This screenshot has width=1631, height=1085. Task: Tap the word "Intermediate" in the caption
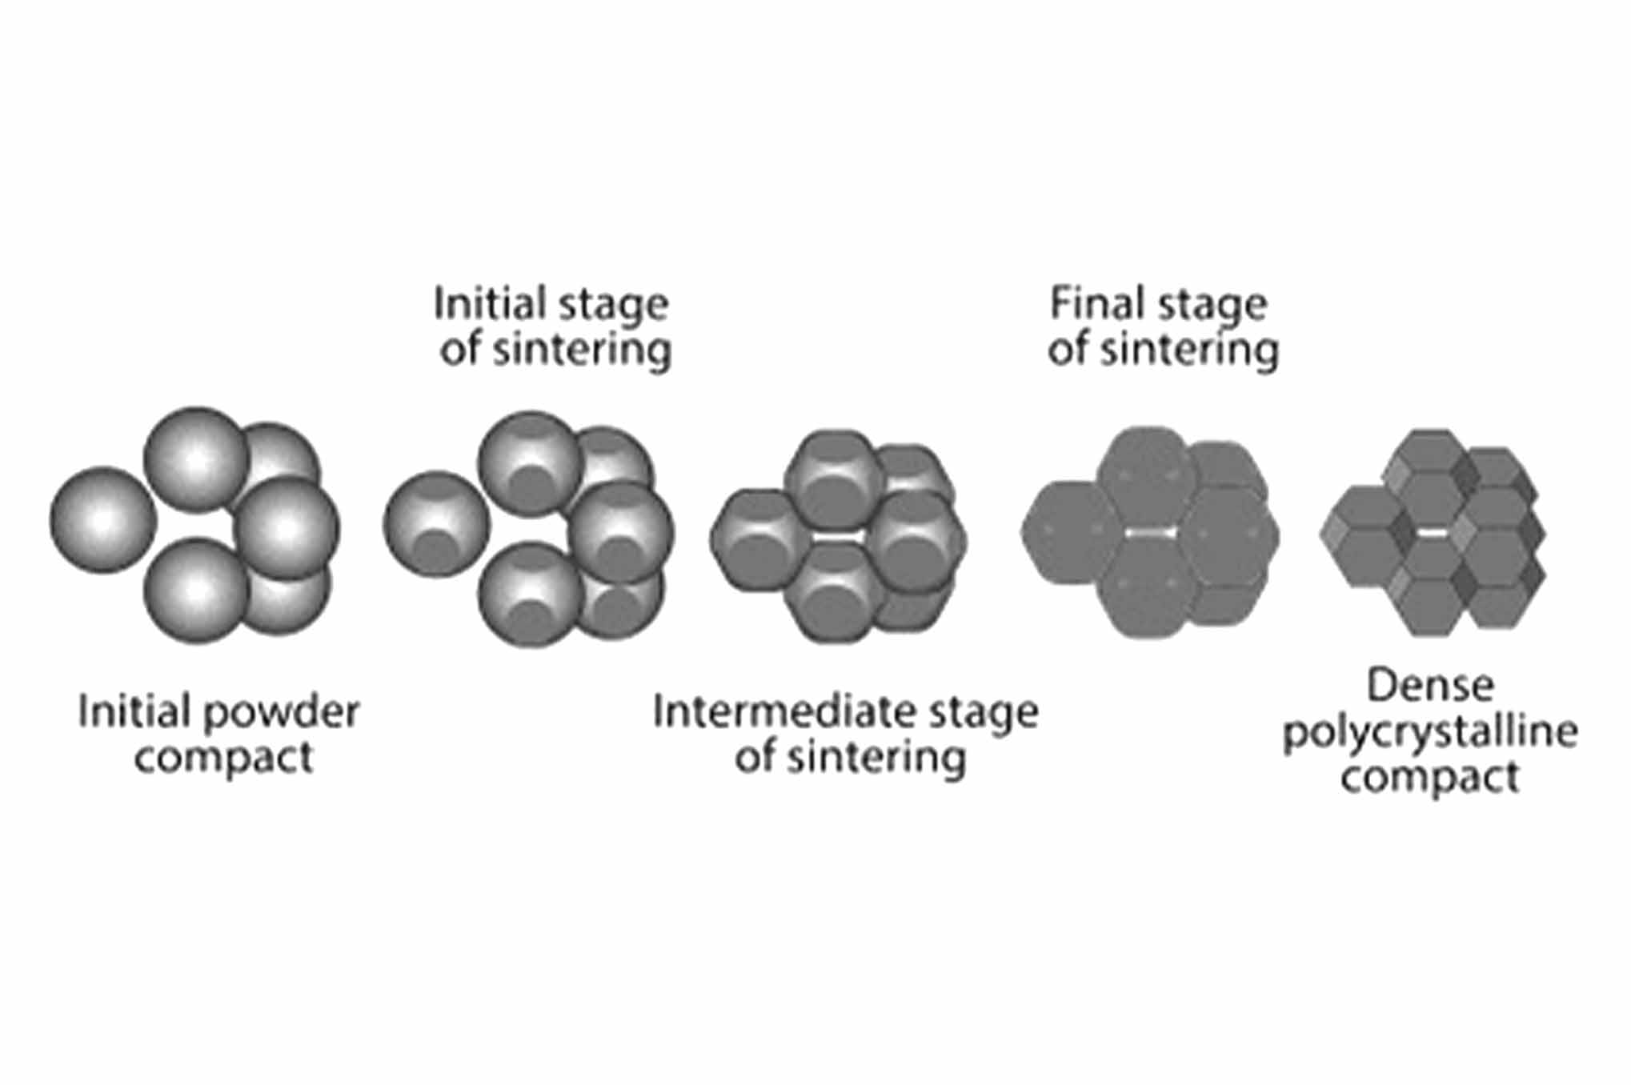click(766, 711)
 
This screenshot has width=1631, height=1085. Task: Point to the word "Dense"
click(1429, 686)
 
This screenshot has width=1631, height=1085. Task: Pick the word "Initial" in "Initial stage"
click(483, 304)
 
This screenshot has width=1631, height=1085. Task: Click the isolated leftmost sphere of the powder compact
click(102, 519)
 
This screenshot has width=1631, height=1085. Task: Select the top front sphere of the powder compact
click(196, 458)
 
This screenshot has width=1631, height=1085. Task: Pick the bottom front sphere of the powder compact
click(196, 591)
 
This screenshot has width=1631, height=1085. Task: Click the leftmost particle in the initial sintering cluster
click(435, 524)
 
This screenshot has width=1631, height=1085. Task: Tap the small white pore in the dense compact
click(1433, 532)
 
